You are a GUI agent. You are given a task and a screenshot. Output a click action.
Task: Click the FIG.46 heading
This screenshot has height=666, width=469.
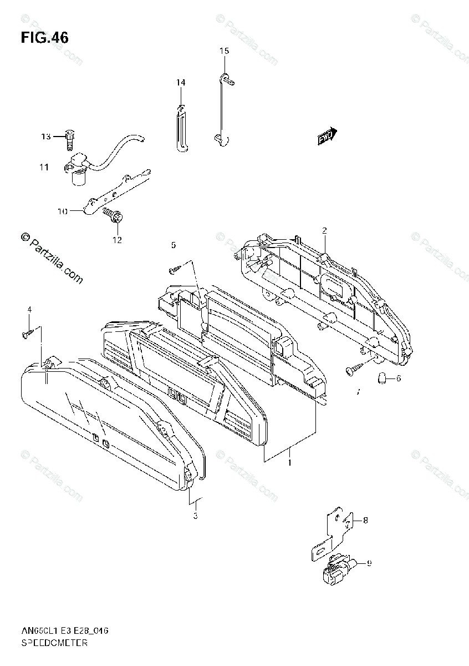[44, 38]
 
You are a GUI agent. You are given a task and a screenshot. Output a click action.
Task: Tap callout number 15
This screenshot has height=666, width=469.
[223, 51]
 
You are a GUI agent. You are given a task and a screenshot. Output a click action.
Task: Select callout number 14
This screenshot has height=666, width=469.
[181, 83]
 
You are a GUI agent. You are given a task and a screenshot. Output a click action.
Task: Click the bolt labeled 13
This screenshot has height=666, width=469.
[69, 138]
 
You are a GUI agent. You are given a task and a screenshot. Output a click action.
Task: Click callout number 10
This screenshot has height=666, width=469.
[62, 211]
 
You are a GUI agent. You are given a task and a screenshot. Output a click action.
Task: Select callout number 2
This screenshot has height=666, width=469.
[325, 230]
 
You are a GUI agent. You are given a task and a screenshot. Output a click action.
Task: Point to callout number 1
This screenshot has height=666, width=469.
[289, 461]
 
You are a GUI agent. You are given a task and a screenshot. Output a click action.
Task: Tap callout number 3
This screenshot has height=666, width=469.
[195, 516]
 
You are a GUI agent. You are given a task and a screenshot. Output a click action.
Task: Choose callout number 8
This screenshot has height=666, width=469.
[365, 520]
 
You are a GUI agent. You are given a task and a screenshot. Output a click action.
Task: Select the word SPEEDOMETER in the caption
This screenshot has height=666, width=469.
[54, 644]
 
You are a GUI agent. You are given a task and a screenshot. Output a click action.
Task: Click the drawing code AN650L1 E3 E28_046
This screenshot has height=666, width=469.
[65, 631]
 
